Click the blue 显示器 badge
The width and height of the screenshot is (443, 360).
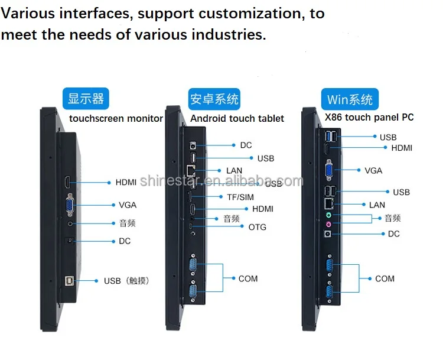click(86, 98)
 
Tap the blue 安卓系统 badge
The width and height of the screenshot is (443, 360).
click(214, 98)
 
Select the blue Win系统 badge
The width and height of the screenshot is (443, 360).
click(350, 98)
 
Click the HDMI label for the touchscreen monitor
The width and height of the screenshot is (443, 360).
click(126, 183)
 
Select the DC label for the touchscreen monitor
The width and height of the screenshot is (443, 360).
click(124, 241)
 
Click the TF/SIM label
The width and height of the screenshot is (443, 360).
click(240, 197)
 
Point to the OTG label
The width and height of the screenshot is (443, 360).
click(257, 227)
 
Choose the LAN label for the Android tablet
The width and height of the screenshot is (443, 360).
click(234, 171)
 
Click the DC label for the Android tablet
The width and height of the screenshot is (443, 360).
click(246, 145)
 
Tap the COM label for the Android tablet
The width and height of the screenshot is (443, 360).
click(248, 278)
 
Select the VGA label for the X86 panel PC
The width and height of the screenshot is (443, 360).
click(373, 170)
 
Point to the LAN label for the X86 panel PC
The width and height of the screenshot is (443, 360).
click(377, 205)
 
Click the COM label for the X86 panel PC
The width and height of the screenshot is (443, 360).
click(385, 278)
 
